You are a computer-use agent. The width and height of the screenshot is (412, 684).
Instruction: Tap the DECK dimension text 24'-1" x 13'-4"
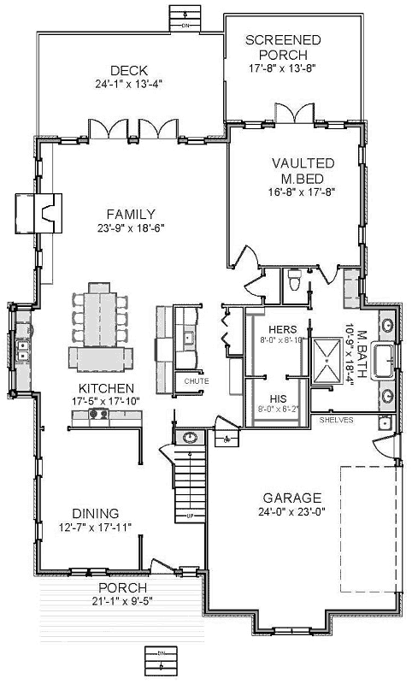129,84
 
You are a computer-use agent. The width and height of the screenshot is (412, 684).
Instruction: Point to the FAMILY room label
131,214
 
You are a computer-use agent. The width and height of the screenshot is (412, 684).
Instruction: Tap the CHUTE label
196,380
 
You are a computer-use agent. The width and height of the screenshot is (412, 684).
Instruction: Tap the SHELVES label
336,421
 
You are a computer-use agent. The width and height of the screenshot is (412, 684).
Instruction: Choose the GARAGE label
292,498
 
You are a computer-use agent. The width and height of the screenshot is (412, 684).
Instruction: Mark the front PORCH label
122,587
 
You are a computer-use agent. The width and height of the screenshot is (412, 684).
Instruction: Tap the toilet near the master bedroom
293,280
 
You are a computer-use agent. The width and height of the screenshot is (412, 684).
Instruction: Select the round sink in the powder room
189,438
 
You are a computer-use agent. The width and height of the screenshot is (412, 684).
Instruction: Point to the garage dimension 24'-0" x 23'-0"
292,512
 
